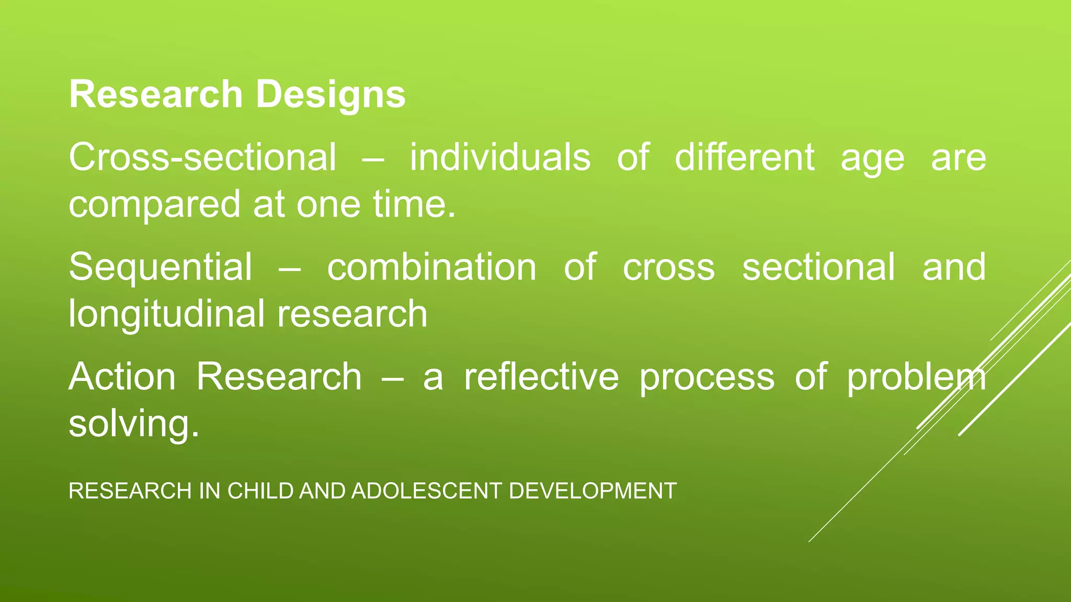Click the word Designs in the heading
coord(331,95)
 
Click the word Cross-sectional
coord(202,157)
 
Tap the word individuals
coord(500,157)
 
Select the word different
coord(744,157)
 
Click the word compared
coord(154,205)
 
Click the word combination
coord(431,267)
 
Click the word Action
coord(122,377)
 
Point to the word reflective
coord(541,377)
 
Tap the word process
coord(707,378)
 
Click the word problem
coord(916,378)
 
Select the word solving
coord(133,424)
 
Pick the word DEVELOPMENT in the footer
coord(593,491)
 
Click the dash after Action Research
coord(392,378)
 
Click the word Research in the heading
coord(155,95)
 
